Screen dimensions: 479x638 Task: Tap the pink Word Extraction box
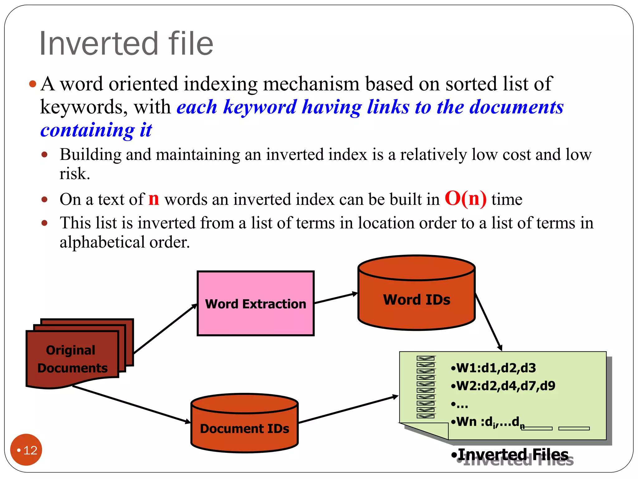[x=255, y=303]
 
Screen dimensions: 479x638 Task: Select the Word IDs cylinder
[x=417, y=299]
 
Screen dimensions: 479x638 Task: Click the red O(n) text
[x=465, y=199]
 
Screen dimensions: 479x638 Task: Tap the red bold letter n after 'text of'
[x=154, y=199]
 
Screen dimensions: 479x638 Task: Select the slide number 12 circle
[x=26, y=450]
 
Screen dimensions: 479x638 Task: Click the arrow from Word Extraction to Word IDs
[x=336, y=298]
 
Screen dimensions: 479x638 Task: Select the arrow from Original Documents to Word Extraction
[x=165, y=329]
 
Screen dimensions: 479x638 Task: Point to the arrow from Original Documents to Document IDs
[x=131, y=404]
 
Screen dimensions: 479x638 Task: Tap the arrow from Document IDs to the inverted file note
[x=348, y=410]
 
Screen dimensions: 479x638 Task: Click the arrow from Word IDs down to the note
[x=488, y=322]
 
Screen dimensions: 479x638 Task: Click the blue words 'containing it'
[x=96, y=130]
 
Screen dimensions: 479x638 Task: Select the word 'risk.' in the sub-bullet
[x=75, y=174]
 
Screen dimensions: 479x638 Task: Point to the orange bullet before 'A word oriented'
[x=32, y=84]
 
